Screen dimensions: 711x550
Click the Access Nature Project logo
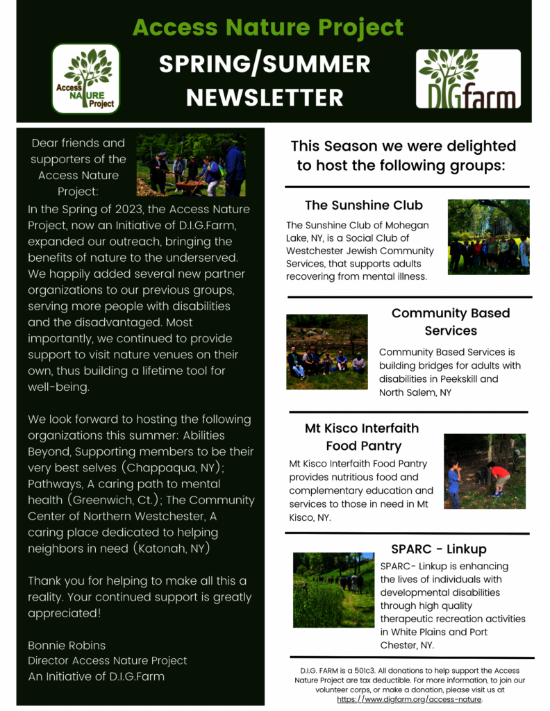pos(86,78)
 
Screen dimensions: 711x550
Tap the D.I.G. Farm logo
pos(468,78)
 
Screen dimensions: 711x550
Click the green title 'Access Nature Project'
pos(268,28)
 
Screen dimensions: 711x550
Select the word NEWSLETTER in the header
pos(265,97)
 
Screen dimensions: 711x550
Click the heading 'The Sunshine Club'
pos(364,206)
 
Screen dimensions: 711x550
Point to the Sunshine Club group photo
pos(488,237)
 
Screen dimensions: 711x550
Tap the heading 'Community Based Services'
pos(451,321)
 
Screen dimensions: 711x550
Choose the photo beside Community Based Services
pos(326,351)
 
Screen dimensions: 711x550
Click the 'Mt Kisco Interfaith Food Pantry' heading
pos(362,437)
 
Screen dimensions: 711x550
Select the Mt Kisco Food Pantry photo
pos(485,471)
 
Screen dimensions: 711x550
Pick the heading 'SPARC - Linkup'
pos(438,549)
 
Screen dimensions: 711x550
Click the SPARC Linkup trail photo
pos(333,589)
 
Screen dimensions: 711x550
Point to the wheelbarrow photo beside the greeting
pos(191,165)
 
